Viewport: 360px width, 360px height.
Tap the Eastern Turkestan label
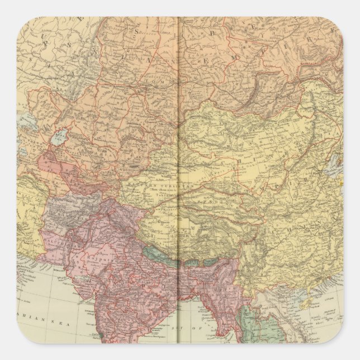(148, 184)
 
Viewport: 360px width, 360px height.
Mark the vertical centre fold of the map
(178, 168)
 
